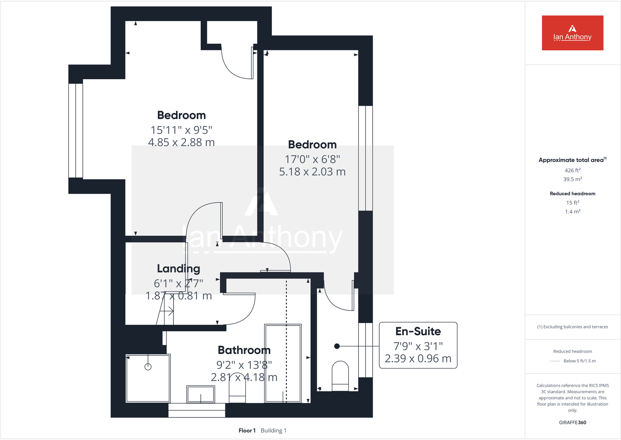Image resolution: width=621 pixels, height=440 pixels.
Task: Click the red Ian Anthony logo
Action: coord(572,33)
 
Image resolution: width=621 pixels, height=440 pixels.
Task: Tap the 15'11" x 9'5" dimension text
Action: coord(181,130)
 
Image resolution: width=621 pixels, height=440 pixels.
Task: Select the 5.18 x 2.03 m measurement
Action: coord(312,172)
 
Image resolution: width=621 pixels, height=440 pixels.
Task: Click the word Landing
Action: coord(178,269)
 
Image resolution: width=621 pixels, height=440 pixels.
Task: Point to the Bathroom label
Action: coord(244,350)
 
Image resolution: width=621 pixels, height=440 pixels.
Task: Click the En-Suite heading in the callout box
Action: coord(418,331)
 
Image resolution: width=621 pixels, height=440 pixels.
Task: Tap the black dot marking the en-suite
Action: coord(337,346)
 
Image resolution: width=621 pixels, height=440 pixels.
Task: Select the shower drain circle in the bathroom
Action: coord(148,367)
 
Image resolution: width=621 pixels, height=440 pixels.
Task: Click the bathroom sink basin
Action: coord(200,394)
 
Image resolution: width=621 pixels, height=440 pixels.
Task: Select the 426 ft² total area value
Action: coord(572,171)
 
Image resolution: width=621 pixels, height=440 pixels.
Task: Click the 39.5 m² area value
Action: coord(572,179)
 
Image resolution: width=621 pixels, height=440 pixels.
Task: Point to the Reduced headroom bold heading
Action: coord(572,194)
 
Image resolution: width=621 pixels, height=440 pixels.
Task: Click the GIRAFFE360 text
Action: coord(572,422)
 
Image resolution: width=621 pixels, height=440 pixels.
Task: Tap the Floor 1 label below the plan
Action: coord(247,431)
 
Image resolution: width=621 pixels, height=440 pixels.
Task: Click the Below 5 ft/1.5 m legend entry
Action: coord(579,361)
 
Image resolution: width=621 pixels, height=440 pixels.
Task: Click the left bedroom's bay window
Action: coord(76,131)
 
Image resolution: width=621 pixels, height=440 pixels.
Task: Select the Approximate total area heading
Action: coord(571,160)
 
